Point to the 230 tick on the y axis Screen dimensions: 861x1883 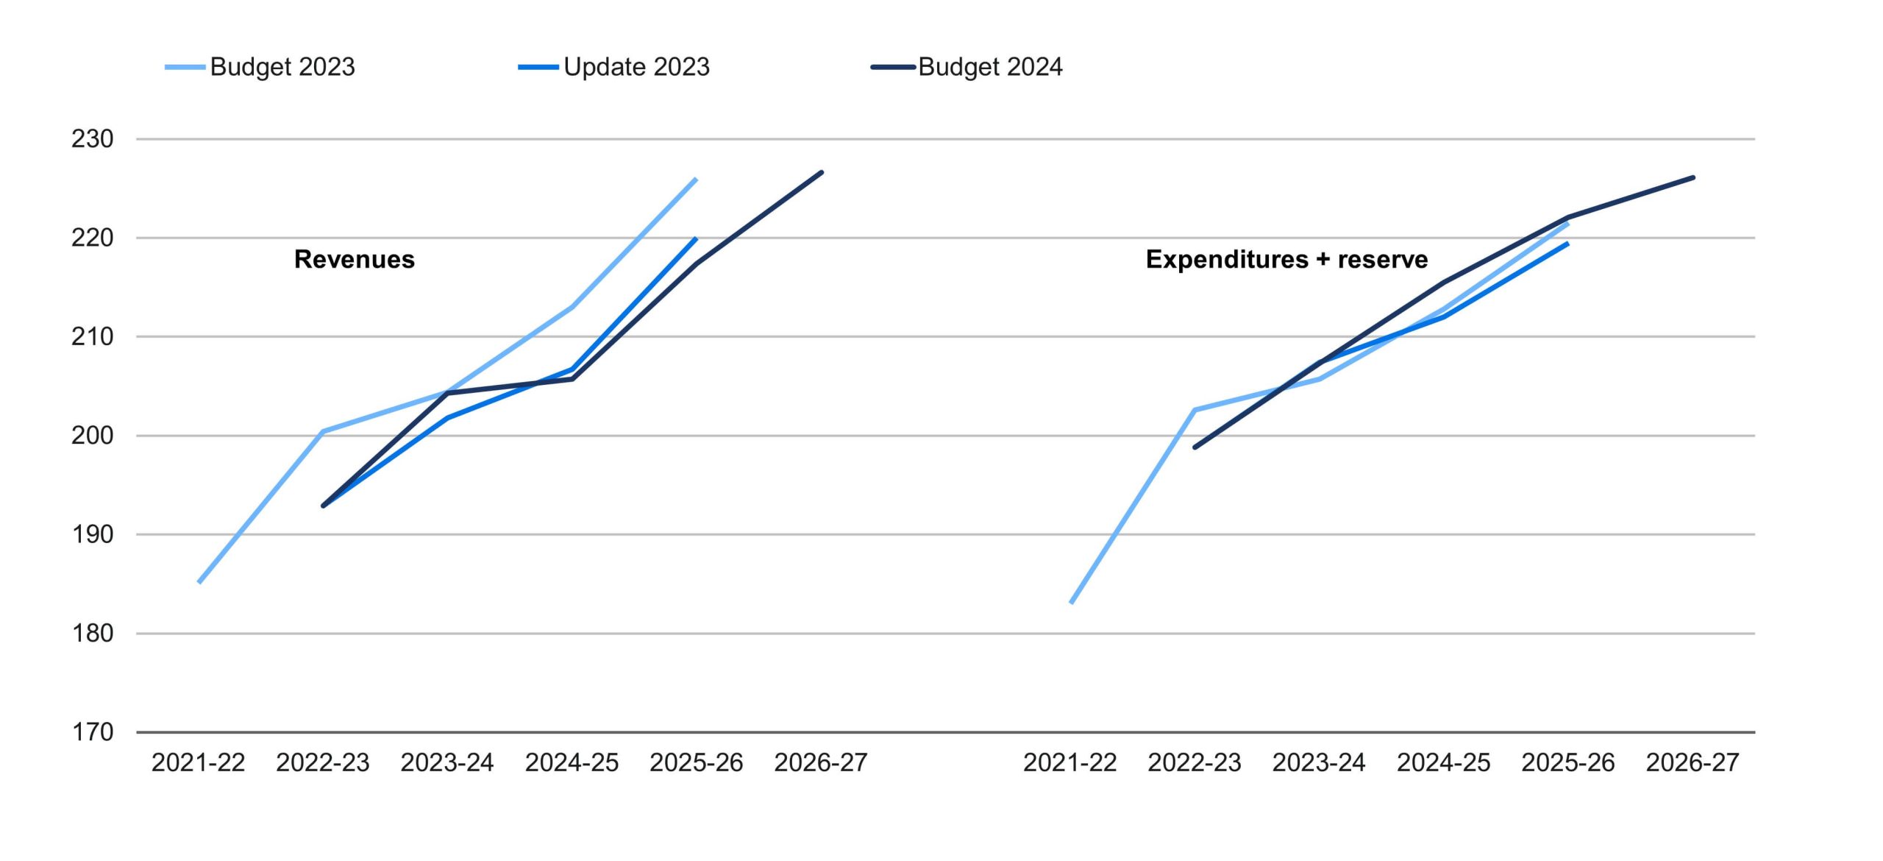click(x=93, y=139)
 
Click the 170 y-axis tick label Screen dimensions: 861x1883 click(x=93, y=732)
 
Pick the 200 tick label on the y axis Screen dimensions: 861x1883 click(x=93, y=436)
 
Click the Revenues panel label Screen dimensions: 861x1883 click(x=355, y=259)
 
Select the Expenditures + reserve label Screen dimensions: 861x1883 click(x=1286, y=259)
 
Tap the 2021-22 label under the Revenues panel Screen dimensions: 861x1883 click(x=199, y=762)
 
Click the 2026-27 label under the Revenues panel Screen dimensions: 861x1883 click(x=821, y=762)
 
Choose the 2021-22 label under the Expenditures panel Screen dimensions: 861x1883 click(x=1070, y=762)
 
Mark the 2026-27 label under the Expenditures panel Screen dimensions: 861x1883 click(x=1692, y=762)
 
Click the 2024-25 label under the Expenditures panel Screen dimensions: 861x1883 click(x=1444, y=762)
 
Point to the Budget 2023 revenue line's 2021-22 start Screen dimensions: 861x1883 click(x=200, y=581)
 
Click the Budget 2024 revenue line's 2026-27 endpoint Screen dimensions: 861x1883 click(x=821, y=172)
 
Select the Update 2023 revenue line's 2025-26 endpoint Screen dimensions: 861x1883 click(x=696, y=238)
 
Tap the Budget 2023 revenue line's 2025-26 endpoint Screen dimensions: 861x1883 click(x=696, y=179)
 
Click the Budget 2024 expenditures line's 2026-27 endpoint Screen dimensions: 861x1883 click(x=1693, y=177)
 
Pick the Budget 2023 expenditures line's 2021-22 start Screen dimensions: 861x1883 click(x=1072, y=602)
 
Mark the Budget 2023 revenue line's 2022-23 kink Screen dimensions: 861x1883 click(x=323, y=431)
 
